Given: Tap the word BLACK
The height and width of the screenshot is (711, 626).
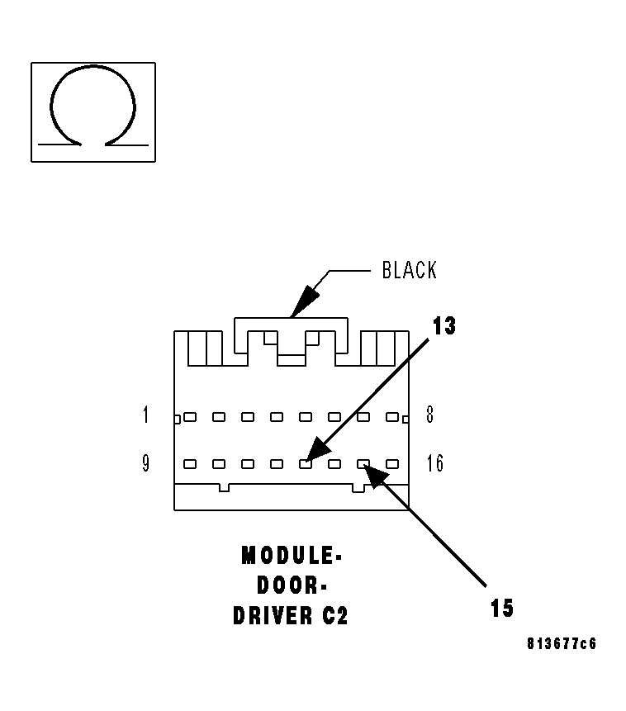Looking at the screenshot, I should [x=409, y=270].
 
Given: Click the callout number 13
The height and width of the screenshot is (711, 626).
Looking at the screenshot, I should [x=443, y=326].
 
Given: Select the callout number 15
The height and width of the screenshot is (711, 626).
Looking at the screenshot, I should [x=501, y=609].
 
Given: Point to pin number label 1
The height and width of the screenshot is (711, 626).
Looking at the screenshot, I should [x=146, y=415].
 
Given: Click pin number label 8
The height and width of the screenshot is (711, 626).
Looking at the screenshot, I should [x=429, y=415].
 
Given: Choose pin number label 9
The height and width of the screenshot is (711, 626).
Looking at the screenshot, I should [x=146, y=463].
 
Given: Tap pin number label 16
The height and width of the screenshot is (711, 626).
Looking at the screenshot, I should [x=434, y=463].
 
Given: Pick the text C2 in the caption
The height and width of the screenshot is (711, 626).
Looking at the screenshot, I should [x=334, y=616].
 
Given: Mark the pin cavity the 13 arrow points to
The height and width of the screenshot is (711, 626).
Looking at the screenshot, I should [x=306, y=464].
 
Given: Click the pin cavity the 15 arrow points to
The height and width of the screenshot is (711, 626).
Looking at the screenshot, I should [x=363, y=464].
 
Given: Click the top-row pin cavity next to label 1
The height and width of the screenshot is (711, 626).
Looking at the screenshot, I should [x=190, y=417].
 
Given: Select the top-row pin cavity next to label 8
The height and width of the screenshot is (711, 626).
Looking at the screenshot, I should [x=392, y=417].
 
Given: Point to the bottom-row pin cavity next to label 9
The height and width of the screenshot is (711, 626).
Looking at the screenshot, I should [x=190, y=464].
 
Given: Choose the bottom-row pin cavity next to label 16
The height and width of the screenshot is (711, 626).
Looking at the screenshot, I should [x=392, y=464].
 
